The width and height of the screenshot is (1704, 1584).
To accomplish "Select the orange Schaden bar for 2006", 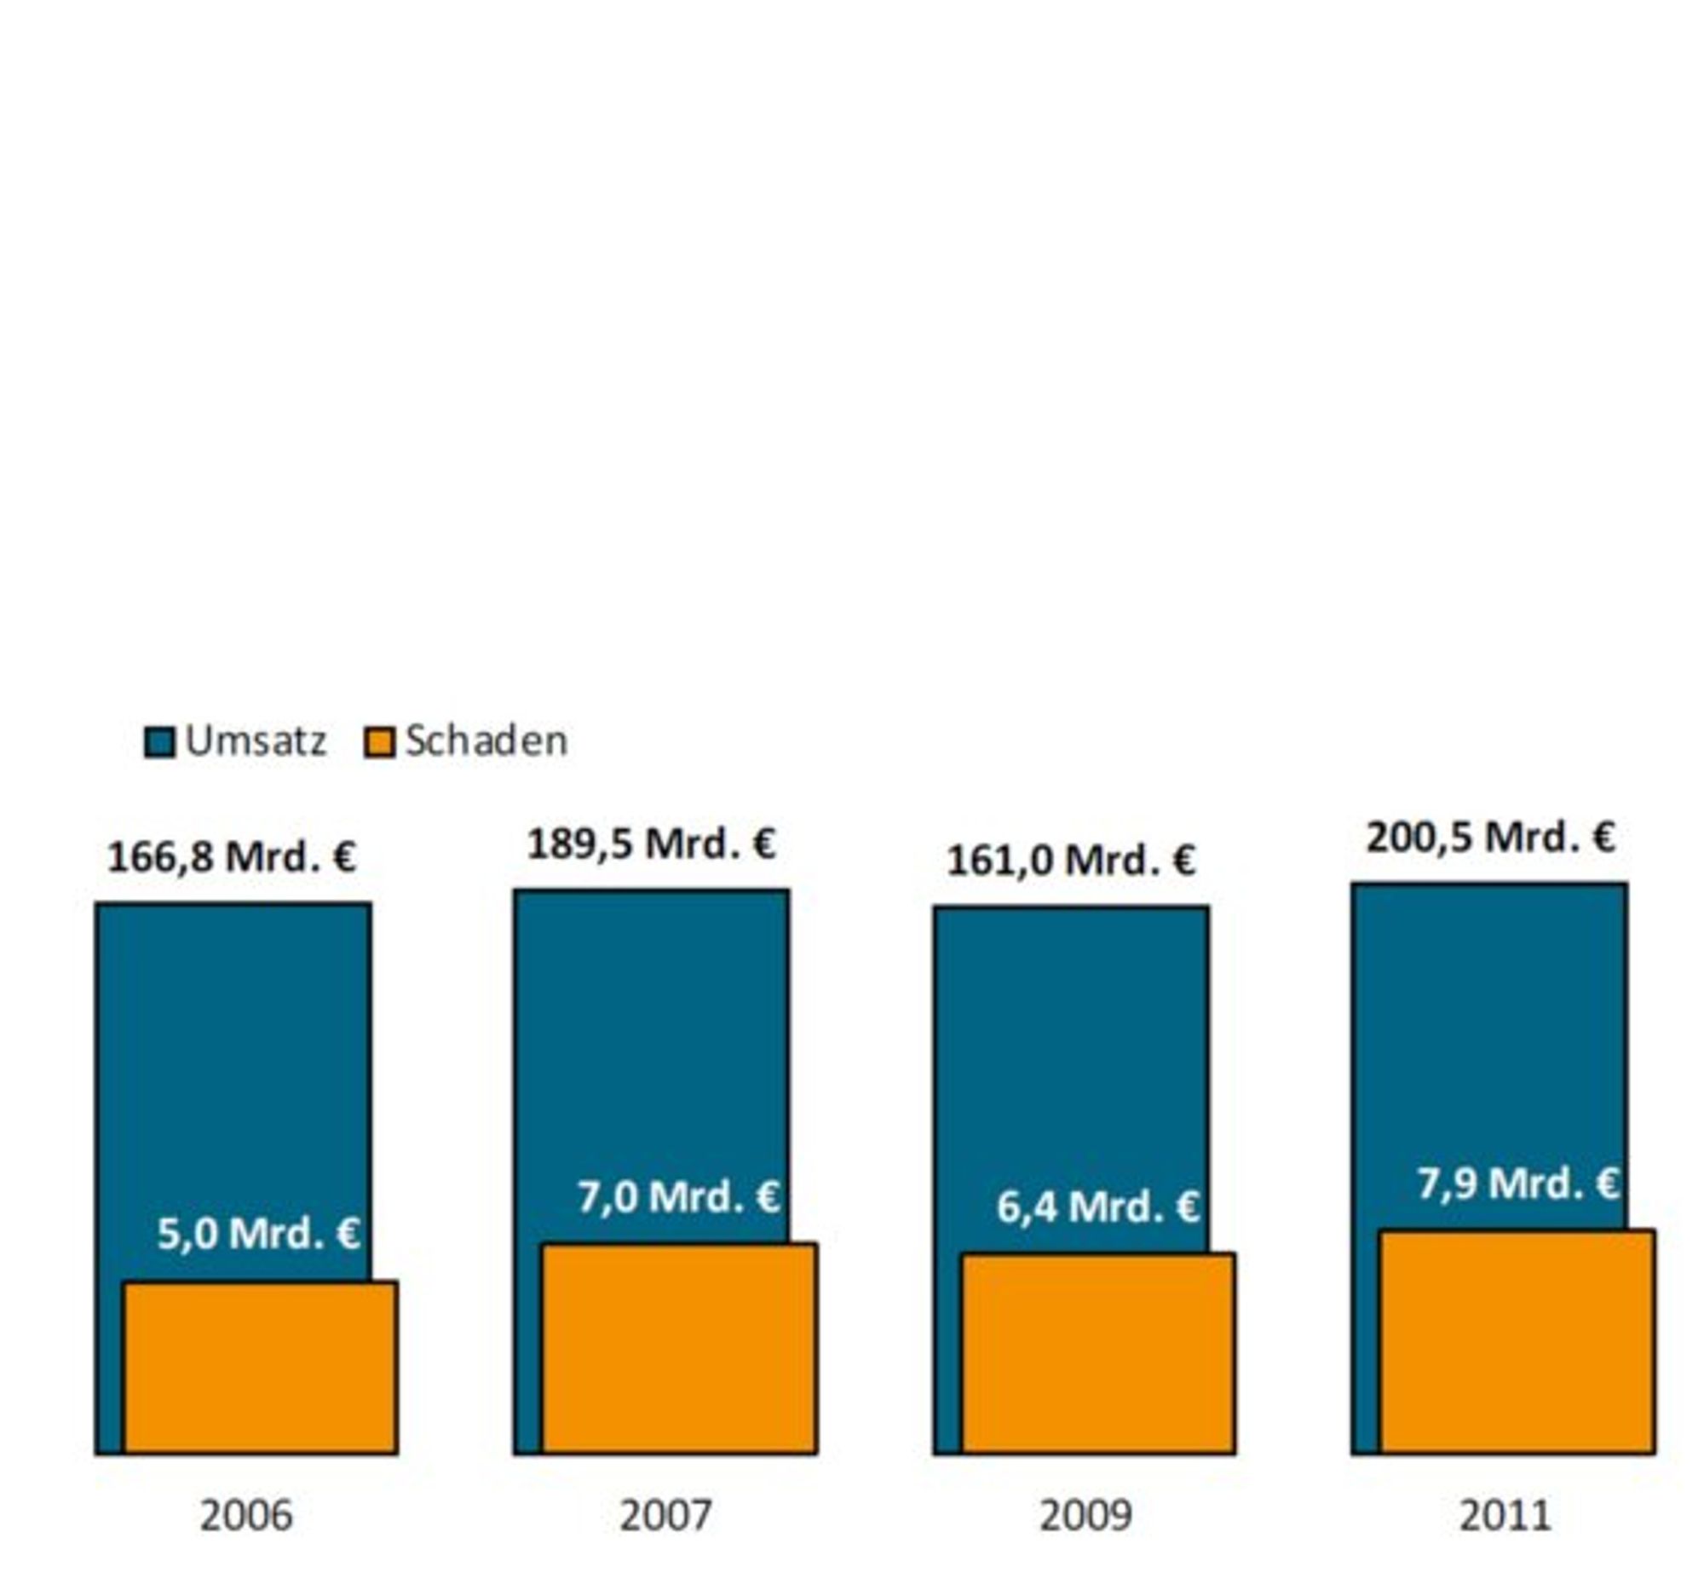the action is [x=261, y=1368].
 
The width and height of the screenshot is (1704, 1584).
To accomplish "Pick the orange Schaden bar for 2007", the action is [x=680, y=1349].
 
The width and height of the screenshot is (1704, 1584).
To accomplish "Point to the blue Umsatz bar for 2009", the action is [x=1072, y=1071].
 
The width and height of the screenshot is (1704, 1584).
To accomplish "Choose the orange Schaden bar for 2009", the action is [x=1099, y=1354].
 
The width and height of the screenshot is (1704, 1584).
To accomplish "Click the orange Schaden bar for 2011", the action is [x=1518, y=1342].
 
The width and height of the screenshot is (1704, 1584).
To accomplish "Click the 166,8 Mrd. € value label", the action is [x=232, y=857].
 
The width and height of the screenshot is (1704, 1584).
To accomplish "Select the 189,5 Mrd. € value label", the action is [x=652, y=844].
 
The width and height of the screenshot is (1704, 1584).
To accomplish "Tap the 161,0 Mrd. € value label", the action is [x=1072, y=861].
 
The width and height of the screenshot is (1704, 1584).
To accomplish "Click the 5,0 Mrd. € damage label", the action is [x=259, y=1235].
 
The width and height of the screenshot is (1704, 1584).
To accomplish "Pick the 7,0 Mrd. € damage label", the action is [x=679, y=1197].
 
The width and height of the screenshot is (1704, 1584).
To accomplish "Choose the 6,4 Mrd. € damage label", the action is [x=1098, y=1207].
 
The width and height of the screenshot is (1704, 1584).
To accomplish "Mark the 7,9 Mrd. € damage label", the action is [x=1518, y=1184].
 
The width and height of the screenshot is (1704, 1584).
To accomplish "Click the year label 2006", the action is [x=246, y=1517].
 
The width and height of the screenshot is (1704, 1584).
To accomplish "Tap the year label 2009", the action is [x=1085, y=1517].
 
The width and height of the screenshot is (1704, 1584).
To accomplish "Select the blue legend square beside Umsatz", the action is [x=159, y=742].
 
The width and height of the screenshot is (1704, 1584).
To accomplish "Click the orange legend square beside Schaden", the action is [x=380, y=742].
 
